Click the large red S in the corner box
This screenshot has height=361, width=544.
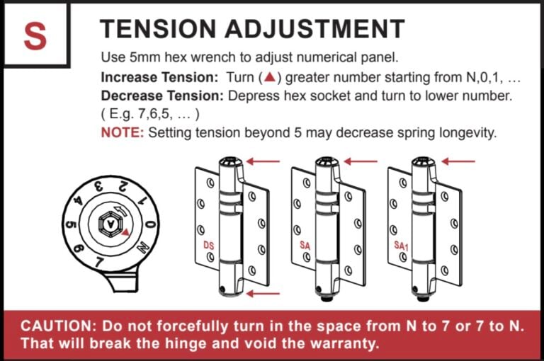pyautogui.click(x=35, y=36)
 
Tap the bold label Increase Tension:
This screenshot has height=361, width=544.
pyautogui.click(x=161, y=76)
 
